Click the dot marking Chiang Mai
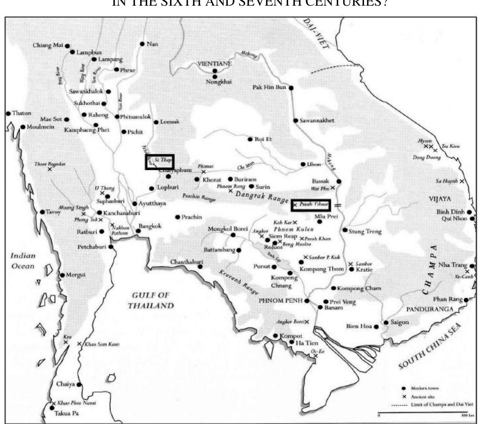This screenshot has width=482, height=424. [x=67, y=46]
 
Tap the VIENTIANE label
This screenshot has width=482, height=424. [x=214, y=63]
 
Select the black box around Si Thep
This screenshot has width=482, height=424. [x=160, y=162]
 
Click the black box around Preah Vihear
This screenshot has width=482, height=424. [x=311, y=205]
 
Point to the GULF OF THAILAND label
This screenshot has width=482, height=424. [x=151, y=300]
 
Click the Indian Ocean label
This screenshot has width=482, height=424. [x=23, y=261]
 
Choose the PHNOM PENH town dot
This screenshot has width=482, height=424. [x=307, y=300]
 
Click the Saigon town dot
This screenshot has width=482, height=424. [x=386, y=322]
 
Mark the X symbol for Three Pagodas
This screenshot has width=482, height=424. [x=50, y=169]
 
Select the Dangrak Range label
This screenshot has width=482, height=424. [x=262, y=197]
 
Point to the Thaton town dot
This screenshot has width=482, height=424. [x=8, y=114]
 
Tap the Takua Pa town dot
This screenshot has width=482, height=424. [x=52, y=408]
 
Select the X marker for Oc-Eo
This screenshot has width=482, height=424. [x=316, y=356]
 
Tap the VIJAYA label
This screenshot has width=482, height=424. [x=439, y=199]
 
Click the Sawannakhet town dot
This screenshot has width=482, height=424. [x=296, y=121]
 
